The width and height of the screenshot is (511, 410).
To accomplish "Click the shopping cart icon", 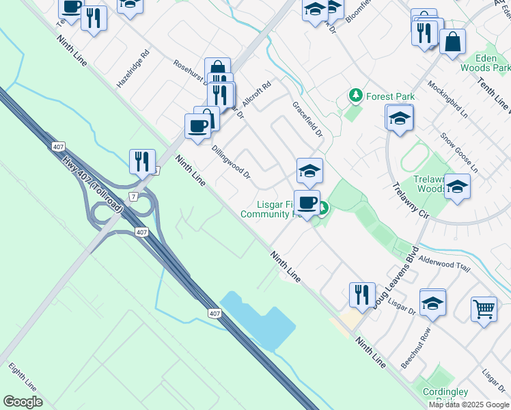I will [x=484, y=308].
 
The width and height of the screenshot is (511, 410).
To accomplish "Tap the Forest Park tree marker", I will [x=355, y=96].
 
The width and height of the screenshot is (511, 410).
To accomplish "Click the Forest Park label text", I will [x=390, y=96].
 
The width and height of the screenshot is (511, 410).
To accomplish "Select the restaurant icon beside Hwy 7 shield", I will [x=142, y=161].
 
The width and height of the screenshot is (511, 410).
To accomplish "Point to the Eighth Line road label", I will [x=23, y=377].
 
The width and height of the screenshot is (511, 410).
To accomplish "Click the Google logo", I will [x=23, y=402].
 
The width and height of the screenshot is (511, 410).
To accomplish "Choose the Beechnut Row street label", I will [x=416, y=348].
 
